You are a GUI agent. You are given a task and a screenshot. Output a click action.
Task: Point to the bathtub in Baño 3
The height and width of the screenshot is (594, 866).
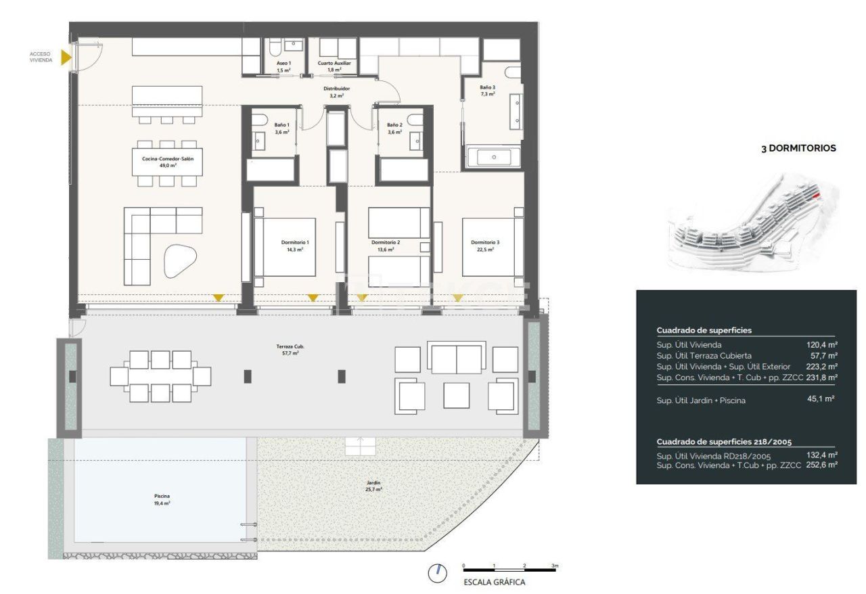(493, 157)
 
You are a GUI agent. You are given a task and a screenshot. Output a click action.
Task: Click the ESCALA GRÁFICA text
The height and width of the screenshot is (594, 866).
(494, 582)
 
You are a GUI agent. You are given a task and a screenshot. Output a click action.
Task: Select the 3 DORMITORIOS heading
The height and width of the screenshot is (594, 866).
(798, 147)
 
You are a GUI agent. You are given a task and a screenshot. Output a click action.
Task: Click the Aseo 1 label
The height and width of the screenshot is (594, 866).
(283, 66)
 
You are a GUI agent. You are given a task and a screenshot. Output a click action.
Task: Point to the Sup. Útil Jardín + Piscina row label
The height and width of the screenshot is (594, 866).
(701, 401)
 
